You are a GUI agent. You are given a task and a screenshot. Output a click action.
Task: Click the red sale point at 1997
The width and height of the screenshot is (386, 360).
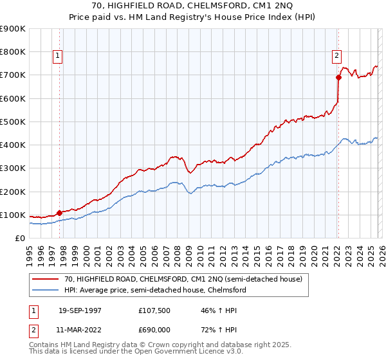click(x=59, y=212)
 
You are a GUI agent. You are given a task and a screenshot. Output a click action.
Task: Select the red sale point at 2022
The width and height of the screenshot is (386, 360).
click(x=338, y=77)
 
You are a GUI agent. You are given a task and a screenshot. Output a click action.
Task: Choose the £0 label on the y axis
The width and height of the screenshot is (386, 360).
click(x=19, y=239)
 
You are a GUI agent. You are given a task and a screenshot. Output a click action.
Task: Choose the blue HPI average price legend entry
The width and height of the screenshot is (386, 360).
click(x=155, y=290)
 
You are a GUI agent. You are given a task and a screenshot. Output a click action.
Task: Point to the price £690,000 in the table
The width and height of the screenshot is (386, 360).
click(x=155, y=330)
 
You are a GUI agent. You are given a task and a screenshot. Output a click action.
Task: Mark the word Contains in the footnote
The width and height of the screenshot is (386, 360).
click(x=46, y=346)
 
